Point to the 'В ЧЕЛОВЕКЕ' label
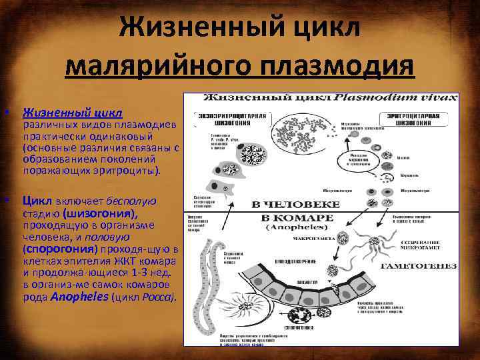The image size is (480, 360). [295, 204]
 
